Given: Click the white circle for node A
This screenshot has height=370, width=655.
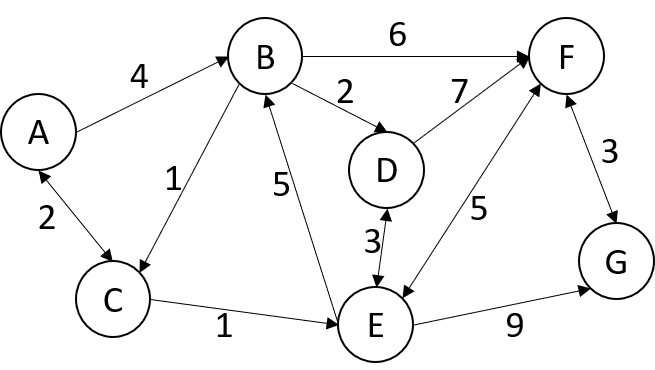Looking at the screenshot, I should (38, 132).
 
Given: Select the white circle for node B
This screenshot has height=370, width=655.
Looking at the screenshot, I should (265, 57).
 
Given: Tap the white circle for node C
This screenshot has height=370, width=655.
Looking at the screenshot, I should (113, 299).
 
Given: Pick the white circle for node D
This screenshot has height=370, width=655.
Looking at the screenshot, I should (386, 171).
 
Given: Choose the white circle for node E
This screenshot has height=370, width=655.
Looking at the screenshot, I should (375, 325).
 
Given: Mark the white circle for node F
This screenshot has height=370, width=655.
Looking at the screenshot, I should (566, 57).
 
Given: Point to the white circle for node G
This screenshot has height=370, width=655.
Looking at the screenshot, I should (616, 262).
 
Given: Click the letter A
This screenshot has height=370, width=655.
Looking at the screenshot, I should (38, 132).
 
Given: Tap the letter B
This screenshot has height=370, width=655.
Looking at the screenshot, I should (265, 57).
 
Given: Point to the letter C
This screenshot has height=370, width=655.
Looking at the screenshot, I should (113, 299).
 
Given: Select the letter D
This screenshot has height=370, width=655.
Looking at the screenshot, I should (386, 171).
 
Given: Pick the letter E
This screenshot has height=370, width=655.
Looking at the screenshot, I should (375, 325).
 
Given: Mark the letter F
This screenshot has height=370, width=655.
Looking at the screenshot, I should (566, 57).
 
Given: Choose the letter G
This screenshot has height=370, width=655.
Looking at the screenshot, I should (616, 262).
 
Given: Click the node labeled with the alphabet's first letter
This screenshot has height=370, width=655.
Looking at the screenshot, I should (38, 132).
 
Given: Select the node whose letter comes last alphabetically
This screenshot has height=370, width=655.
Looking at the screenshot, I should (616, 262).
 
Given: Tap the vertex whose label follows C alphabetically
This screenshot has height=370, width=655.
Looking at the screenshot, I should (386, 171).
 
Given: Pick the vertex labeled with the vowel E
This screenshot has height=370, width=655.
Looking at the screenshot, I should (375, 325).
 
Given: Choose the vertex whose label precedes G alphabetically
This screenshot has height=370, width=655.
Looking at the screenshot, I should (566, 57).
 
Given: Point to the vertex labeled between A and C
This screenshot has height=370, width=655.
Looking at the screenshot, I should (265, 57).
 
